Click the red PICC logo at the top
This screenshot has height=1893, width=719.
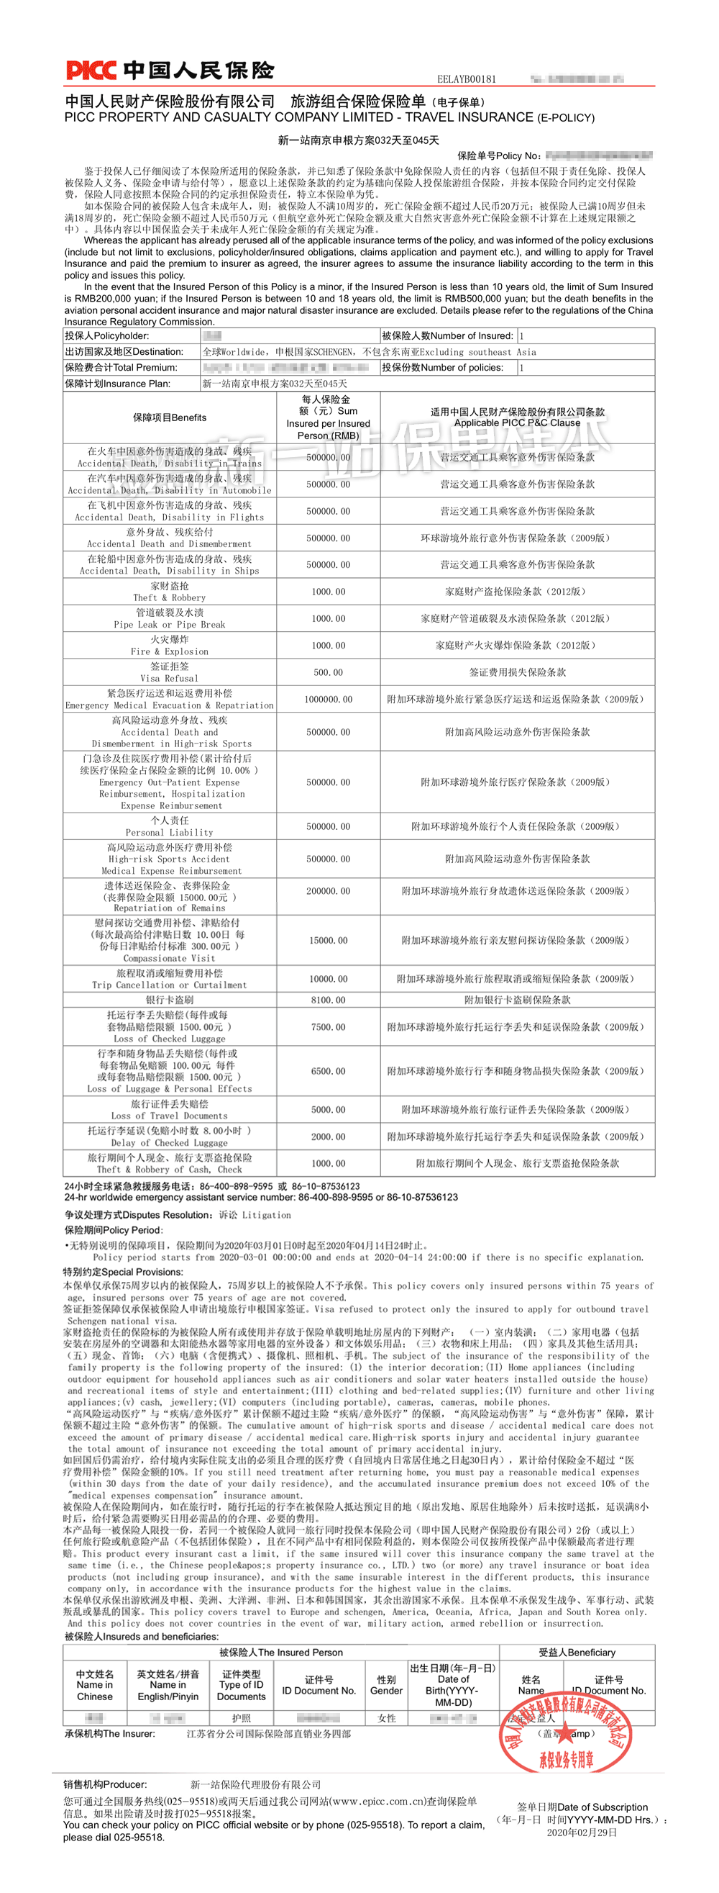tap(91, 71)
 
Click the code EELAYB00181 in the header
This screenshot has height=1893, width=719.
tap(467, 79)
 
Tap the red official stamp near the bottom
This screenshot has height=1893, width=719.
tap(566, 1743)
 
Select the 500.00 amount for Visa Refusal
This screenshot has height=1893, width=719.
tap(329, 672)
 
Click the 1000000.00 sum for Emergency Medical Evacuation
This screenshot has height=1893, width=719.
tap(329, 700)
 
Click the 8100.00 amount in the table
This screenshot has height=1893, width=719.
tap(329, 1000)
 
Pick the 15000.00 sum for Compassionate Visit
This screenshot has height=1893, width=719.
tap(329, 941)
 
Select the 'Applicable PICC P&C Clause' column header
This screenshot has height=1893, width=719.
tap(517, 423)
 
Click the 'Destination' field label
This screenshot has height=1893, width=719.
tap(124, 352)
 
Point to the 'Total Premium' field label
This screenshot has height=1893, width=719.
tap(122, 367)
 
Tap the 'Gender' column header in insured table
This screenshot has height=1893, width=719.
tap(386, 1691)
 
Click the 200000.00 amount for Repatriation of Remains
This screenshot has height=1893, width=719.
tap(329, 891)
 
